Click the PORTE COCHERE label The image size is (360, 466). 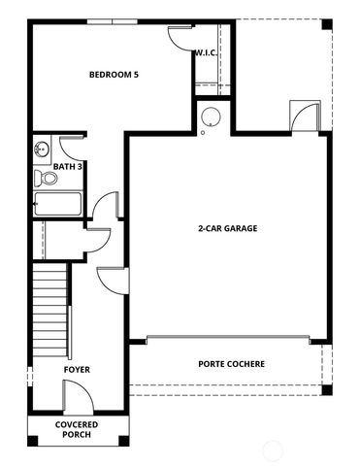(x=232, y=364)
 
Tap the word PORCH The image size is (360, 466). (x=76, y=434)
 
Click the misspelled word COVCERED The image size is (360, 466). (x=76, y=424)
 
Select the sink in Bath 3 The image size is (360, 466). (x=42, y=150)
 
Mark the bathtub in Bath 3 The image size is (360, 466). (x=57, y=206)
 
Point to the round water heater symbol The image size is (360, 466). (x=211, y=118)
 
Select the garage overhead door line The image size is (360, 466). (x=229, y=339)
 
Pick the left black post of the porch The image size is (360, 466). (x=32, y=442)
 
